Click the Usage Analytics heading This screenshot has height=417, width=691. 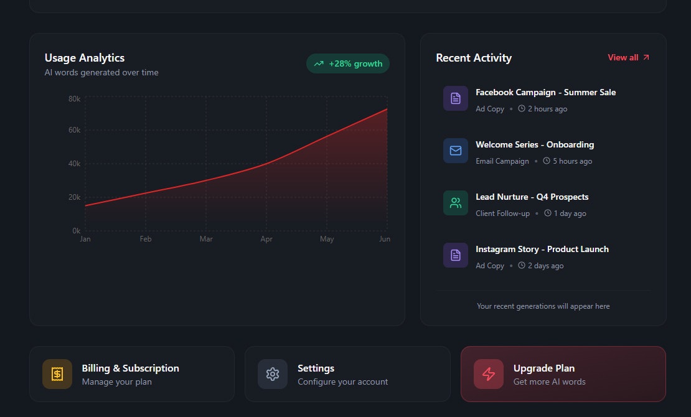click(x=85, y=58)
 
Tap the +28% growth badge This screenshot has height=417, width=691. click(x=348, y=63)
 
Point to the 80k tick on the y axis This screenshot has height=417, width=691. click(x=75, y=99)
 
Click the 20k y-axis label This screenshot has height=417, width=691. click(x=75, y=197)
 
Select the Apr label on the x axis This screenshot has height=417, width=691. click(x=266, y=239)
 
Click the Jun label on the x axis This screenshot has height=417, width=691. click(x=385, y=239)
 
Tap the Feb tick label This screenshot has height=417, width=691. click(x=146, y=239)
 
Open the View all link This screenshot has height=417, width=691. click(x=628, y=58)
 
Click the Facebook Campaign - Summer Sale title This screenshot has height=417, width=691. click(x=545, y=92)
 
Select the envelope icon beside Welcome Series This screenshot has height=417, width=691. click(x=456, y=151)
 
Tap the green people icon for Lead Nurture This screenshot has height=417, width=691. click(x=456, y=203)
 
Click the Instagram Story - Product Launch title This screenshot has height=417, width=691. click(x=542, y=249)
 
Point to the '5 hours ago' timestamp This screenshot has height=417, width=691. click(x=572, y=161)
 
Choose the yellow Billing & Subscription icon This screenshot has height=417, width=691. click(x=57, y=374)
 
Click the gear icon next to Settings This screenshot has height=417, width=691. click(x=273, y=374)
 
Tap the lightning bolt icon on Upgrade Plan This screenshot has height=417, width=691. click(x=489, y=374)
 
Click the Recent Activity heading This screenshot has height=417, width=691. click(x=474, y=58)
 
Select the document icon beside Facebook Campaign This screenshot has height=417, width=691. click(x=456, y=98)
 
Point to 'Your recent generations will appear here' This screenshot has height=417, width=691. click(x=543, y=306)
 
